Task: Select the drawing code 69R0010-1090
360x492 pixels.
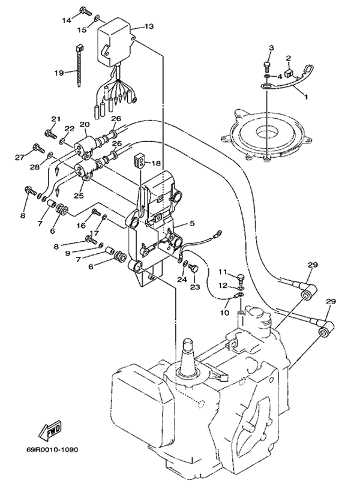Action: [x=52, y=449]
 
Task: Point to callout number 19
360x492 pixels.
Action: [x=59, y=73]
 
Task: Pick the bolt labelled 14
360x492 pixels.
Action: [x=85, y=11]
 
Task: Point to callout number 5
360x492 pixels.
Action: [x=192, y=223]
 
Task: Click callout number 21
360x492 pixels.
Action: [x=55, y=119]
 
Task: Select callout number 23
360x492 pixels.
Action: [x=194, y=287]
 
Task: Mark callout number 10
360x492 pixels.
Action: [x=225, y=313]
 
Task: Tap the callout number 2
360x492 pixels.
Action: [x=288, y=58]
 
